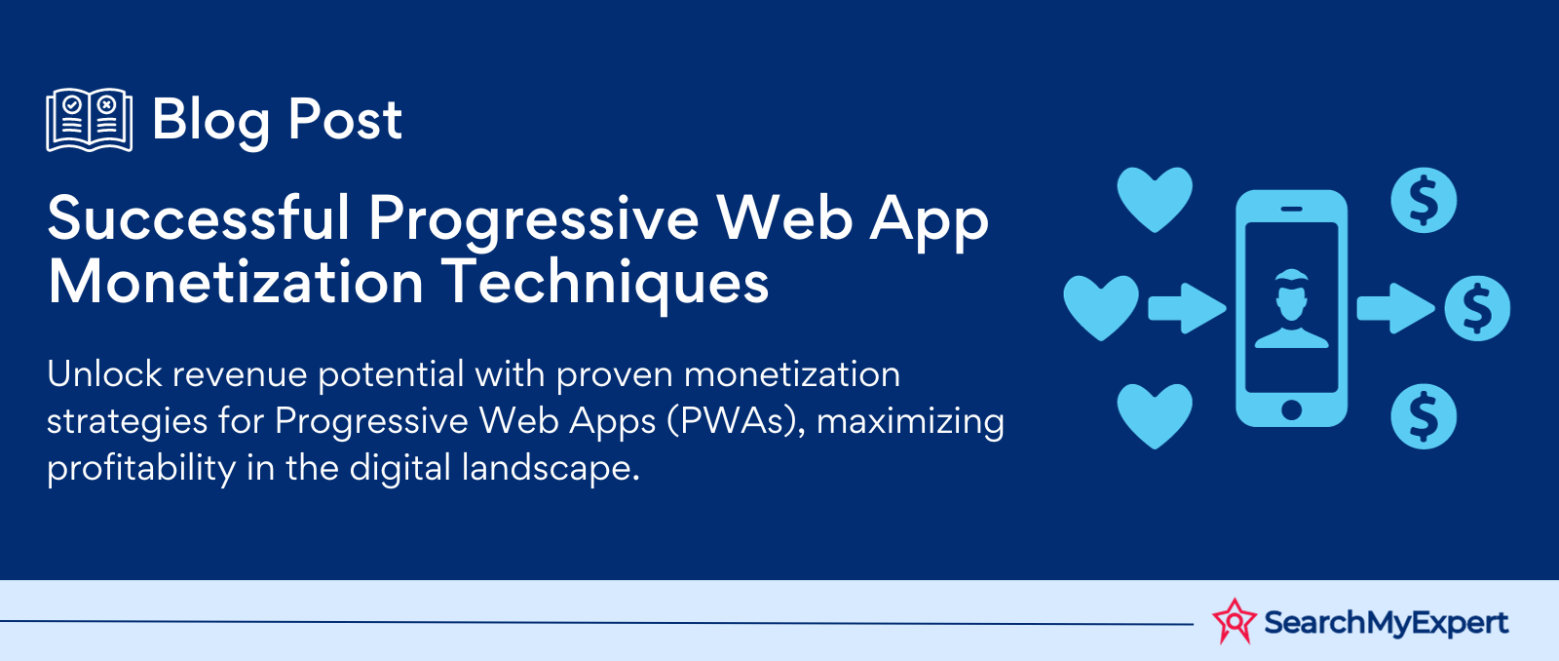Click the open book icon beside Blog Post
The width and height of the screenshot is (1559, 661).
(x=89, y=120)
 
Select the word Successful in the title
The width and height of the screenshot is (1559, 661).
(x=199, y=218)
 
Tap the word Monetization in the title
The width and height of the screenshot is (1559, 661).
(x=235, y=282)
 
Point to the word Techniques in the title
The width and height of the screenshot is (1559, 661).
(x=605, y=286)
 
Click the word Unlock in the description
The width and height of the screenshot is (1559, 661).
(x=104, y=374)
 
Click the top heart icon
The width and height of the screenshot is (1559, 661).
(x=1155, y=200)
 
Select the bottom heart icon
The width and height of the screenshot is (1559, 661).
(x=1155, y=416)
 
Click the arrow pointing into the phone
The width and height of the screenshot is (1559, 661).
(x=1187, y=308)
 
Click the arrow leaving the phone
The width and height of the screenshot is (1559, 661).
(x=1395, y=308)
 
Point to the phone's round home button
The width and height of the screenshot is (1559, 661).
(x=1292, y=410)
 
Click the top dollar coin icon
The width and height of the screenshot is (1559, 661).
(x=1424, y=201)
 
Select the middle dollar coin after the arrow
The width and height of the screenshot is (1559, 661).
(x=1477, y=308)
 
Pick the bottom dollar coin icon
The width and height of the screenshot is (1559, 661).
(x=1424, y=416)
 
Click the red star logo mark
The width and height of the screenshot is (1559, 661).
(x=1235, y=621)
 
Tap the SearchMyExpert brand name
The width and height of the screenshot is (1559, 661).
(x=1386, y=623)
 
